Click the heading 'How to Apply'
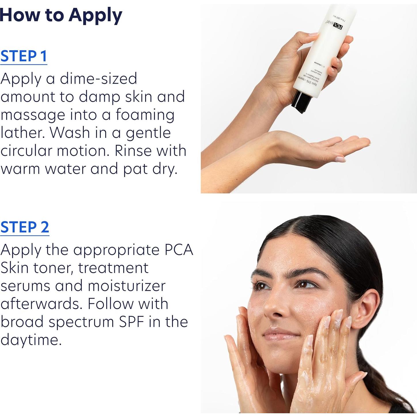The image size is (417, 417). click(61, 15)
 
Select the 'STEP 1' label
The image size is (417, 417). click(24, 56)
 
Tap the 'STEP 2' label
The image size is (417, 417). click(24, 227)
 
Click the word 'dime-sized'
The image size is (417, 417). click(98, 79)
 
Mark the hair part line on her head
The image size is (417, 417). click(300, 231)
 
